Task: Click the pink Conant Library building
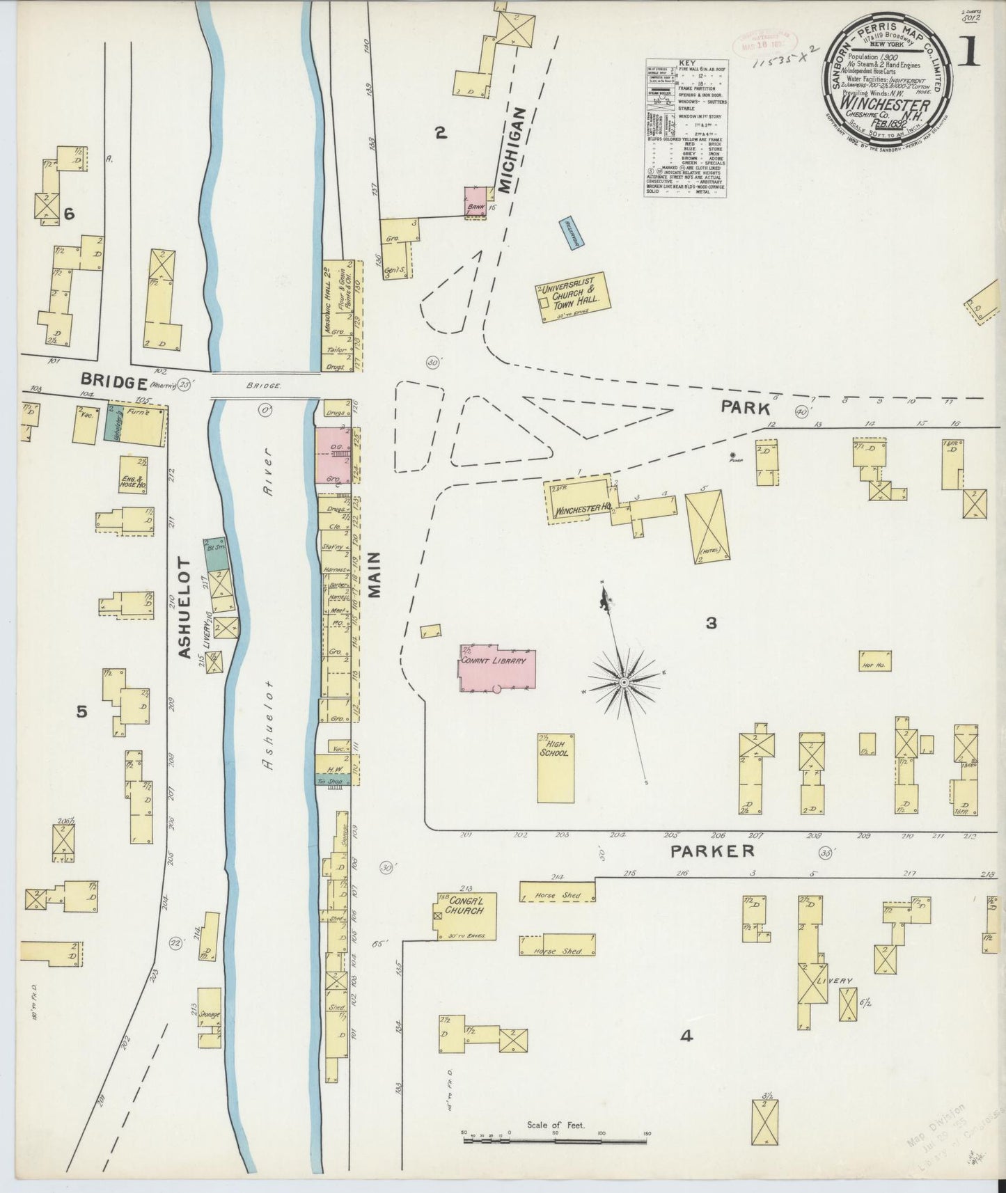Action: tap(497, 667)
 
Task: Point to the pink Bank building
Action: tap(477, 201)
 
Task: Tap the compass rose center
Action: tap(624, 683)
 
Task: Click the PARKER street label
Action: tap(712, 851)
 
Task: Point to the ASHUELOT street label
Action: tap(185, 607)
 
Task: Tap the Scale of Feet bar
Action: tap(556, 1140)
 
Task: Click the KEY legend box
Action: tap(686, 127)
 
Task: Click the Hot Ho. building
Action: tap(875, 660)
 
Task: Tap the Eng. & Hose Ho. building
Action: tap(132, 475)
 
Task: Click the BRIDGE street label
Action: tap(113, 381)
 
